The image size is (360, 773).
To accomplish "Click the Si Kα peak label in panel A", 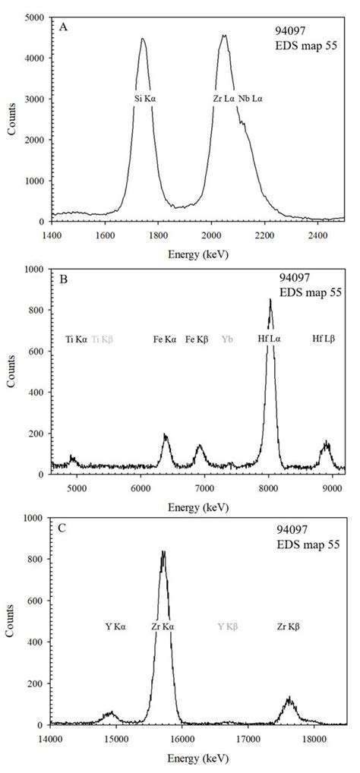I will tap(143, 99).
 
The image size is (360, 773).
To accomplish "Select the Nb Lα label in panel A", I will tap(253, 99).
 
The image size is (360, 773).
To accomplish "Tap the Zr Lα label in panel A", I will tap(223, 99).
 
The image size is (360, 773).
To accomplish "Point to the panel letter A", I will tap(63, 27).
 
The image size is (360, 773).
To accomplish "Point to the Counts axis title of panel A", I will tap(13, 119).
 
